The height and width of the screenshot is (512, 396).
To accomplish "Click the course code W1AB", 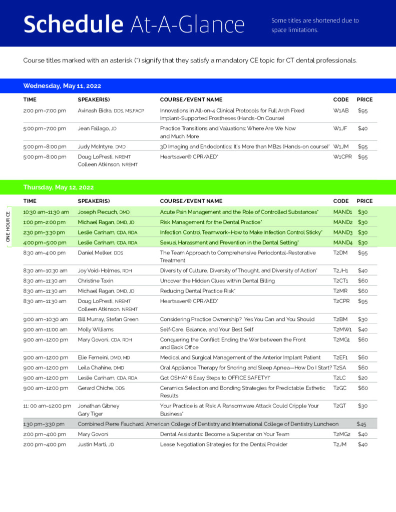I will point(341,110).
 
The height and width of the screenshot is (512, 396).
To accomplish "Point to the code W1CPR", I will point(343,157).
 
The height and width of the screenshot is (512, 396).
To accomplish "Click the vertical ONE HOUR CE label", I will point(8,226).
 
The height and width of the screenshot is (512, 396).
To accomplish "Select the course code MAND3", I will point(343,232).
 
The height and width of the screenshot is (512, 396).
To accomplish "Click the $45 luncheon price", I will point(361,424).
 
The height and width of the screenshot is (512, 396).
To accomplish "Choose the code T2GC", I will point(340,388).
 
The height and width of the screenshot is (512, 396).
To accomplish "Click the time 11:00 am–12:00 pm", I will point(47,406).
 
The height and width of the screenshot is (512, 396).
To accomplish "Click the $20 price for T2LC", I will point(363,378).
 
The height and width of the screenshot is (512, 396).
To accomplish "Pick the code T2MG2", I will point(342,434).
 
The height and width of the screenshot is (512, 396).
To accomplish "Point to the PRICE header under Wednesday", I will point(364,99).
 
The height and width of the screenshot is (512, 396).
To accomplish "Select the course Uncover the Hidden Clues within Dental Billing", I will point(217,281).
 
